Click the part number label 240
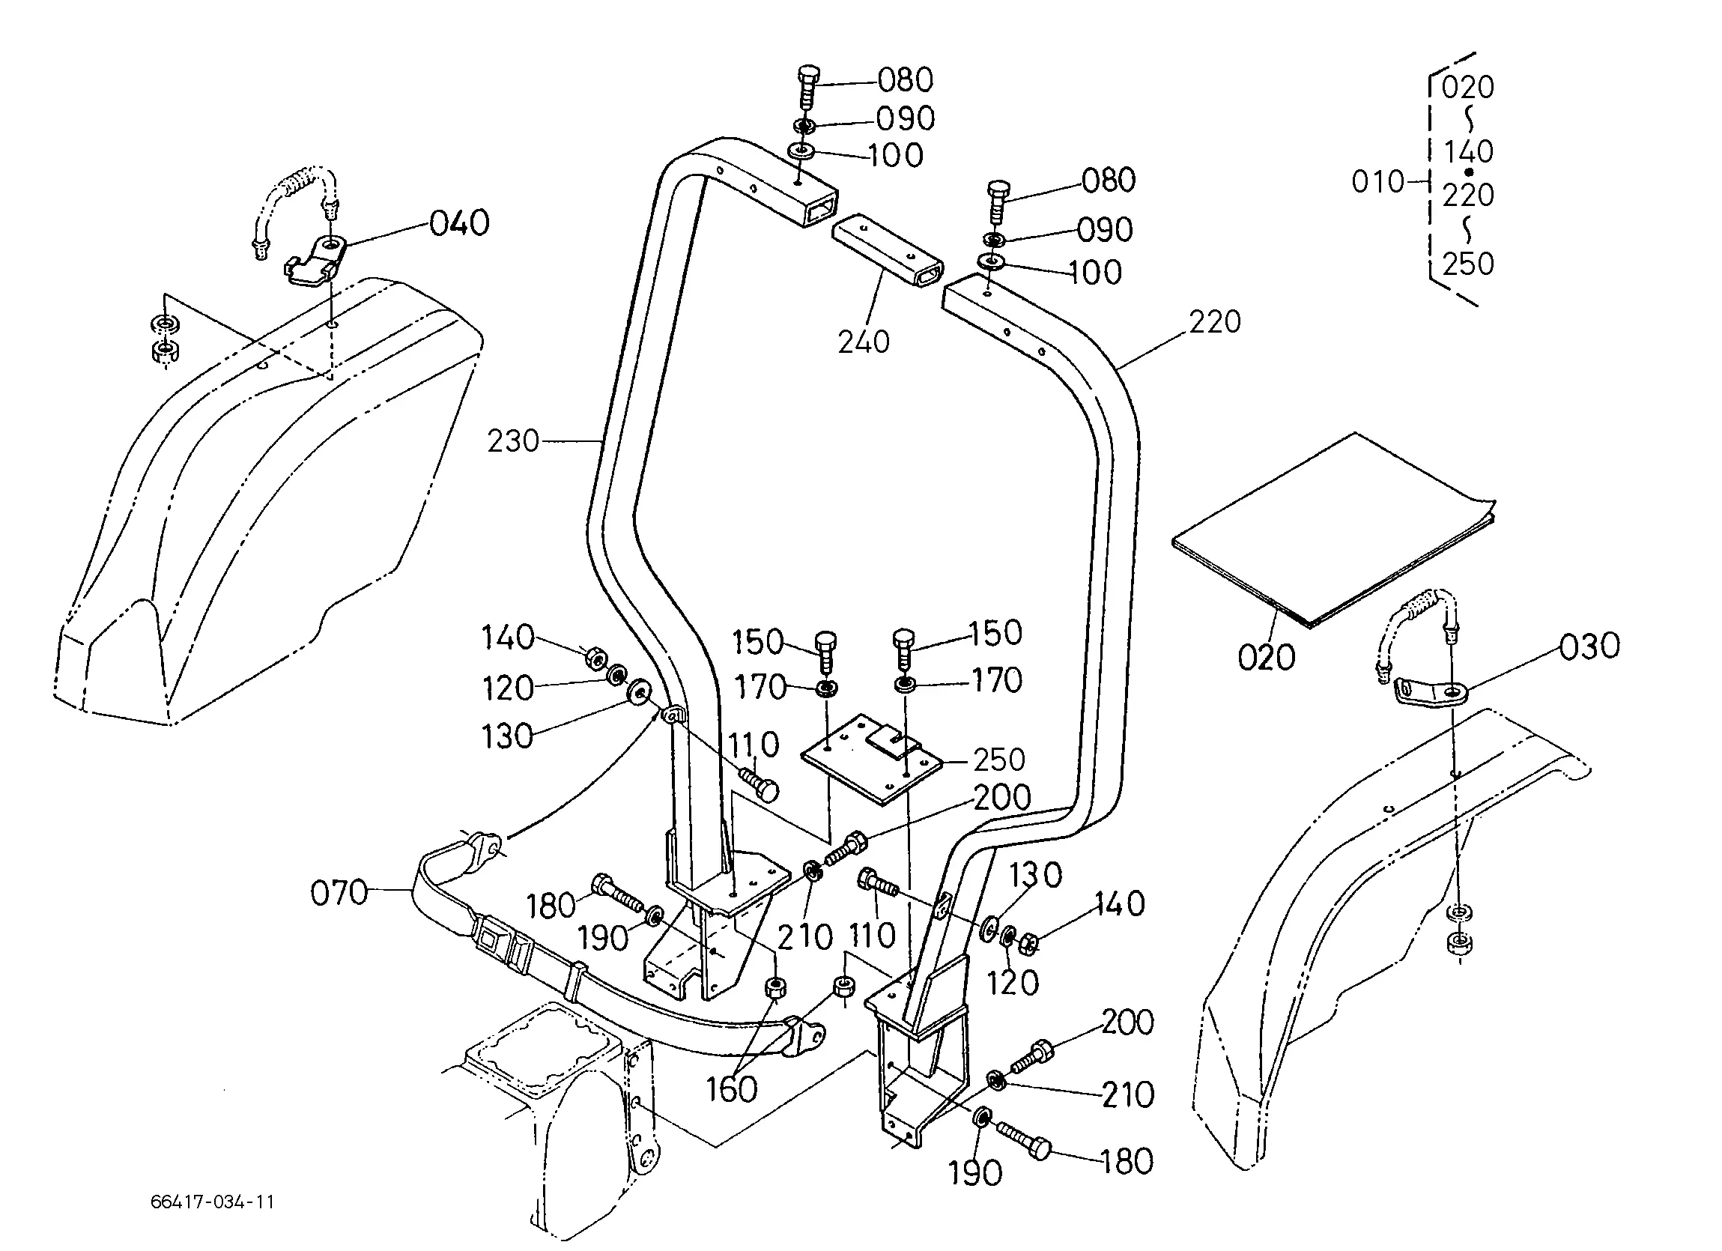[x=864, y=342]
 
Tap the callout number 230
[x=513, y=440]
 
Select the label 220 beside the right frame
[x=1215, y=322]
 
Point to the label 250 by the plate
[x=999, y=760]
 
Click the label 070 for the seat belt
[x=339, y=892]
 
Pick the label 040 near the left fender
[x=459, y=223]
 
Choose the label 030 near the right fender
[x=1590, y=646]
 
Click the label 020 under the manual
[x=1267, y=658]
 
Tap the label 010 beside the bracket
[x=1378, y=182]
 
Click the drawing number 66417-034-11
[x=212, y=1202]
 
